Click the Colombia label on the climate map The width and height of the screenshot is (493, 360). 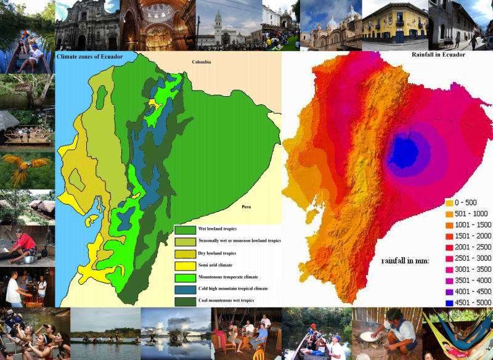coord(202,62)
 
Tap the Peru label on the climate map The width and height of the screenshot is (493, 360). coord(246,208)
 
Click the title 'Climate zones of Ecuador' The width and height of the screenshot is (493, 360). coord(89,57)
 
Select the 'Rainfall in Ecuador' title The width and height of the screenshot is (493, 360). coord(438,55)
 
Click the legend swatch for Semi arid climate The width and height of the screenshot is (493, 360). coord(183,265)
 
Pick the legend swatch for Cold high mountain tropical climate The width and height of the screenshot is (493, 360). coord(183,288)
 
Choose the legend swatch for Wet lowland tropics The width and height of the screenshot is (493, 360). coord(183,230)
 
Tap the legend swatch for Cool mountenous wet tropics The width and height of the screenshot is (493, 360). coord(183,300)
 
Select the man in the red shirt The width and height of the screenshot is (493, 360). coord(24,242)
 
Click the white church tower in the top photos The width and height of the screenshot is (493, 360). coord(218,22)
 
